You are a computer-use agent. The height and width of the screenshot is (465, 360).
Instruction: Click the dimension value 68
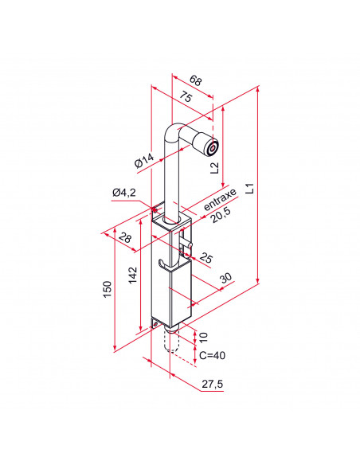[x=196, y=80]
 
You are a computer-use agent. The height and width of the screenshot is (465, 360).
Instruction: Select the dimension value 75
[x=185, y=98]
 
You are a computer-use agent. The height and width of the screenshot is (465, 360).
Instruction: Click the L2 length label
[x=214, y=166]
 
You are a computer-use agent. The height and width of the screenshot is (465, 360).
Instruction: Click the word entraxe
[x=220, y=199]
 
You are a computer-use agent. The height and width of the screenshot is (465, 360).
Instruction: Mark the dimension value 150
[x=107, y=291]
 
